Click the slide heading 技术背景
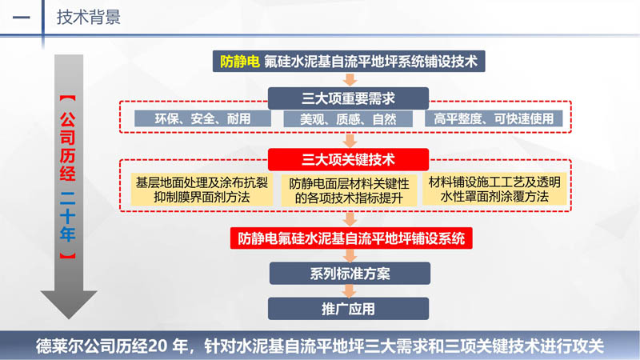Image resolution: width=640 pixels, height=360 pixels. coord(89,18)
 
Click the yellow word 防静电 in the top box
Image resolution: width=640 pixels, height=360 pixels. coord(239,62)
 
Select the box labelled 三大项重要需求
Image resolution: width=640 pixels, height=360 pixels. coord(348,98)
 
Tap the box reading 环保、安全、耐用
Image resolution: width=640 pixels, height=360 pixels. coord(202,118)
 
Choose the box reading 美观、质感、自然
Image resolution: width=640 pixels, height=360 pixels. coord(348,118)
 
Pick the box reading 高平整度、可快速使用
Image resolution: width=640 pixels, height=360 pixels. coord(494,118)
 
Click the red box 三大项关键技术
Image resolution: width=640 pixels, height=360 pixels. coord(348,159)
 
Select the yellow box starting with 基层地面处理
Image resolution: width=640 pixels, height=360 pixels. coord(202,190)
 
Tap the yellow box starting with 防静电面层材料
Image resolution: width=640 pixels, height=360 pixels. coord(349,190)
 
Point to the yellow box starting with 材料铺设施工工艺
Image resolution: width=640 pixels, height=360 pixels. coord(494,189)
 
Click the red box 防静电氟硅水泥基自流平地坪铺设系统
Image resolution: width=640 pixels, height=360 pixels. coord(351,238)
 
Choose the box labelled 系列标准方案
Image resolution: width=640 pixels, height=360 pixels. coord(350,274)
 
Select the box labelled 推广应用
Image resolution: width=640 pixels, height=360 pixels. coord(348,309)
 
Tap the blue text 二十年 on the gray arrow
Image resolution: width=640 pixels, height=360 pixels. coord(68,216)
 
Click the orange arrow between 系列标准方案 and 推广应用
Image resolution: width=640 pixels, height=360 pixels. coord(349,291)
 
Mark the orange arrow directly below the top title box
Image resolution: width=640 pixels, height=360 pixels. coord(350,79)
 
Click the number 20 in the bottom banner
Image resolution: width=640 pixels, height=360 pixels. coord(157,346)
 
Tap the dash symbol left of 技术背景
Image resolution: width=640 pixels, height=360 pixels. coord(22,18)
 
